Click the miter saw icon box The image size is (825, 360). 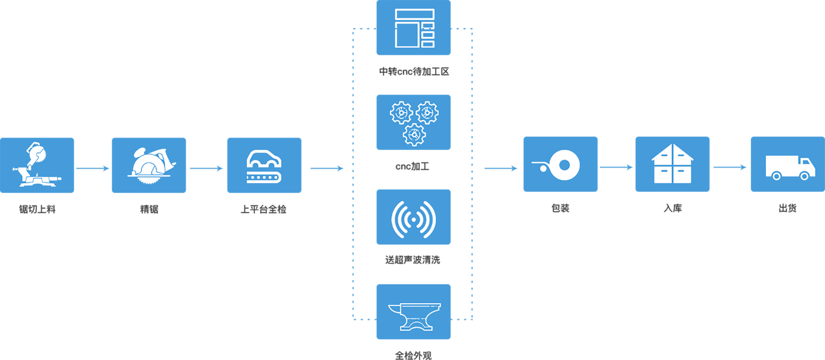coord(37,165)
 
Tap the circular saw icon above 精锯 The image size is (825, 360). coord(149,165)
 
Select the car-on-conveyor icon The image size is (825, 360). coord(264,165)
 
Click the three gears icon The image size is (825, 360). coord(413,122)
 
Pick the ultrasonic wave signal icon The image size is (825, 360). coord(413,217)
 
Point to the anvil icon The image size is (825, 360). coord(413,312)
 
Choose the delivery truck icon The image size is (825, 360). coord(787,164)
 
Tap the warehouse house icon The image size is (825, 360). coord(672,164)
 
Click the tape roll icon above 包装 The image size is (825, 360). coord(560,164)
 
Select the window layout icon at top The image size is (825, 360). coord(413,28)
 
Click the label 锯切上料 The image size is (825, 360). coord(37,209)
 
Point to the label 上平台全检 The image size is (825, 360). coord(264,209)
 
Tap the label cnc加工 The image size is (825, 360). coord(412,166)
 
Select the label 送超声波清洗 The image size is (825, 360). coord(413,260)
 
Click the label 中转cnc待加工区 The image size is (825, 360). coord(414,72)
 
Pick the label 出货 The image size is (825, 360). coord(787,208)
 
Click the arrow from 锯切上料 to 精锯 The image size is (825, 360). coord(93,168)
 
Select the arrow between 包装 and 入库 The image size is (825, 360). coord(616,167)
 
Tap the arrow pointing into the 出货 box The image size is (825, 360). coord(730,167)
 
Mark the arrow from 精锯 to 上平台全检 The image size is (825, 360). coord(207,168)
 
